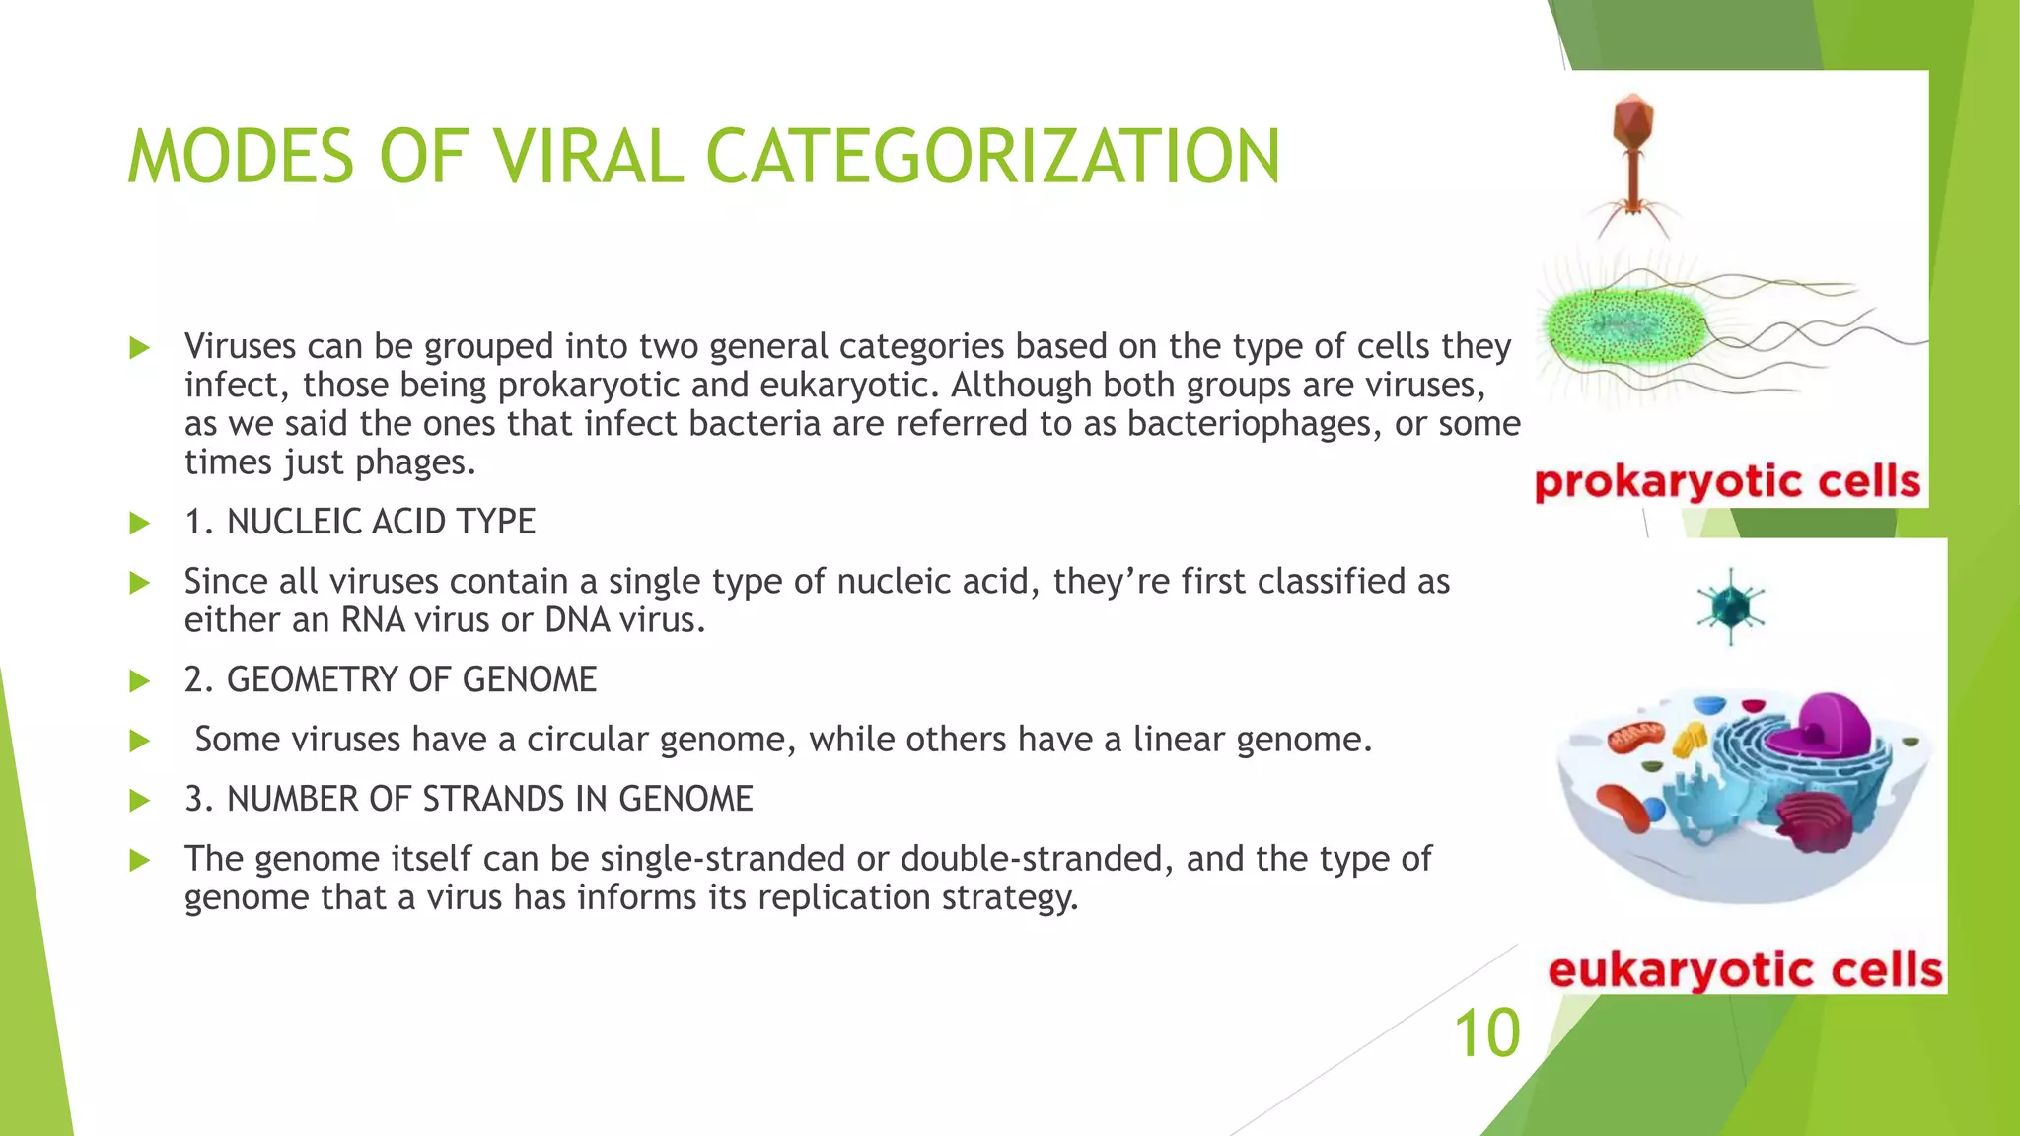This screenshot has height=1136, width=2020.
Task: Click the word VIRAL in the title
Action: coord(588,158)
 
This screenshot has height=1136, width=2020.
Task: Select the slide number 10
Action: coord(1486,1034)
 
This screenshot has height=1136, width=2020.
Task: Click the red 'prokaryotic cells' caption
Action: coord(1728,483)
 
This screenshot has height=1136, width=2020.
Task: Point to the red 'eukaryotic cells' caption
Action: coord(1745,970)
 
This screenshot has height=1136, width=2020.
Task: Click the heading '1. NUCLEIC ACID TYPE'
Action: coord(360,522)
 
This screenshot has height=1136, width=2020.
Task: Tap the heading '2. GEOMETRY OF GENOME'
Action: coord(391,680)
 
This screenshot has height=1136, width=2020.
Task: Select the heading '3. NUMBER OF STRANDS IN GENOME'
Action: coord(469,800)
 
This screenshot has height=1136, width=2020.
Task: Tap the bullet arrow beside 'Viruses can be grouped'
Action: coord(139,347)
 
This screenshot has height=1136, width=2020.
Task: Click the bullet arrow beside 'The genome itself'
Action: coord(139,860)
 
